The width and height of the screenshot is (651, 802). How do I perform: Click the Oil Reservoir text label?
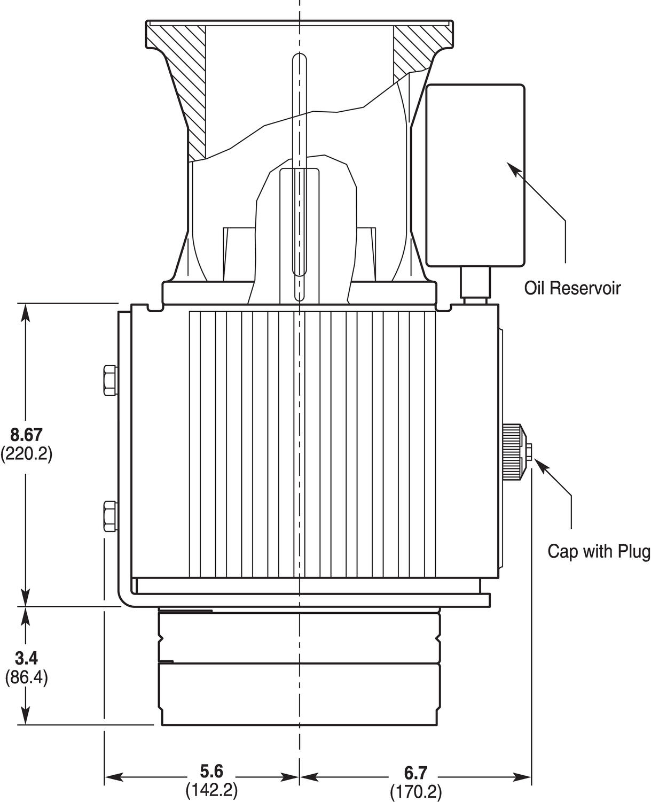coord(572,288)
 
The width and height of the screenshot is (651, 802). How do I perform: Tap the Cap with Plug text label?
coord(599,551)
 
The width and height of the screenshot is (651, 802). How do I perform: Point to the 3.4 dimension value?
coord(26,657)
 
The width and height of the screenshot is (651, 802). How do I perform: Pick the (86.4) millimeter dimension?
coord(26,677)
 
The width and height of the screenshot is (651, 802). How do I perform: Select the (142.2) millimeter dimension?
coord(211,790)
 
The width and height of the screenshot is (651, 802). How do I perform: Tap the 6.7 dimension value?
coord(415,773)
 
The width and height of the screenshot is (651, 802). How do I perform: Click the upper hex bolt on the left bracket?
coord(109,380)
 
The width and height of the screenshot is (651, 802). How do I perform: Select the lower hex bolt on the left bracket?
coord(109,515)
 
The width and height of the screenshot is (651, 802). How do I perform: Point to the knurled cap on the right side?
coord(513,452)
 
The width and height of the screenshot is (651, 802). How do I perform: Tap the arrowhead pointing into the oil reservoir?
coord(512,169)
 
